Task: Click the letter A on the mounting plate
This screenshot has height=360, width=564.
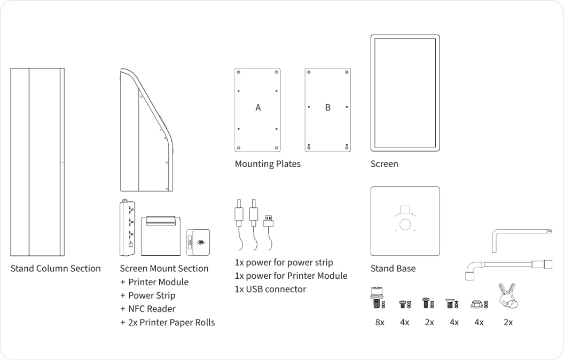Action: (x=258, y=107)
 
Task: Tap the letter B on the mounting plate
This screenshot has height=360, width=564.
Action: (x=327, y=107)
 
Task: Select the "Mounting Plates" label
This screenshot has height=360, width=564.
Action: (x=268, y=164)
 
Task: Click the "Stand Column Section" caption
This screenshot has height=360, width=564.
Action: (x=56, y=268)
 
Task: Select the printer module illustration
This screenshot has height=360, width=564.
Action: (x=161, y=234)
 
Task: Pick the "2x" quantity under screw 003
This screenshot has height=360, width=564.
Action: (x=429, y=323)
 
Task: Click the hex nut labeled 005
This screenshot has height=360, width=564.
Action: (x=477, y=304)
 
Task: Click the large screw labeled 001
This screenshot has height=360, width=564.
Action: (x=376, y=296)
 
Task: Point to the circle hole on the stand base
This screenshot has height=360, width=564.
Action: (x=405, y=225)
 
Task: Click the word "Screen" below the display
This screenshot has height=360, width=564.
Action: (x=384, y=164)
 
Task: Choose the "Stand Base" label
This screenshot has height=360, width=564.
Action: (x=393, y=268)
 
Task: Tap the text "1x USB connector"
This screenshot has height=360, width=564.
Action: (x=270, y=289)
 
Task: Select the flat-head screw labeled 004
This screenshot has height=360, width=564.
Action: (x=451, y=303)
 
